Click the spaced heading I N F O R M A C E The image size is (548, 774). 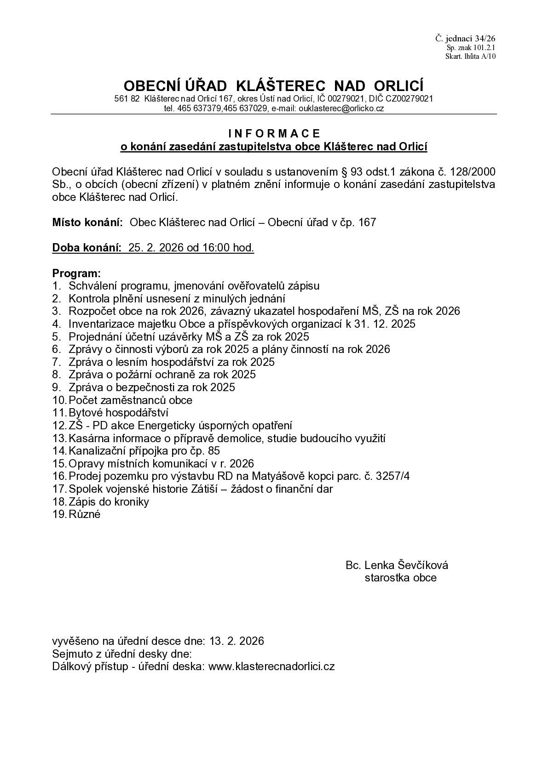pyautogui.click(x=274, y=133)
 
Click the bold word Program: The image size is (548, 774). pyautogui.click(x=76, y=273)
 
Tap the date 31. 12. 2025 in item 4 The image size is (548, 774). pyautogui.click(x=385, y=324)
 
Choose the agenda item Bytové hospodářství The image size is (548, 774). pyautogui.click(x=119, y=413)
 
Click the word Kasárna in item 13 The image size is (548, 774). pyautogui.click(x=87, y=438)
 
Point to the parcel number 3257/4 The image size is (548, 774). pyautogui.click(x=392, y=476)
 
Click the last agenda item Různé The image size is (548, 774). pyautogui.click(x=85, y=514)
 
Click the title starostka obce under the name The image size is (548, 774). pyautogui.click(x=400, y=578)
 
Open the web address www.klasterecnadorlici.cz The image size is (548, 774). pyautogui.click(x=271, y=666)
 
